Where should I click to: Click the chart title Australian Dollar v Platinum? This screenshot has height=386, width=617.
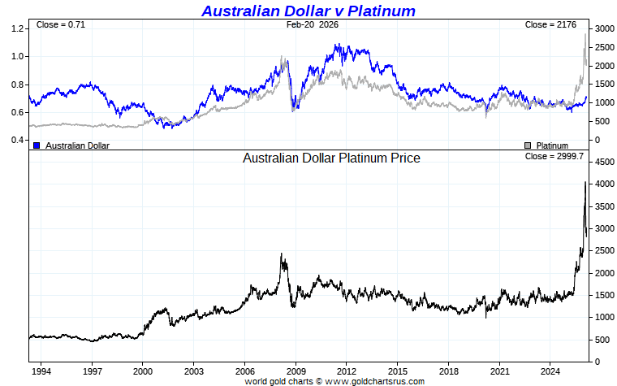(308, 11)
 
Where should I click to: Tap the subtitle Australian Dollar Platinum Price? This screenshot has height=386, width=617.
(331, 158)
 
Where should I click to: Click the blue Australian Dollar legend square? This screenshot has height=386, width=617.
(37, 145)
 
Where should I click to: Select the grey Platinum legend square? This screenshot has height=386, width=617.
(528, 145)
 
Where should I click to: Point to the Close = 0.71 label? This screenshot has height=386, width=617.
(60, 24)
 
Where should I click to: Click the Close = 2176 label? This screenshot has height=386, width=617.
(550, 24)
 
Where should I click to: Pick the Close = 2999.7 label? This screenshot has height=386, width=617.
(554, 156)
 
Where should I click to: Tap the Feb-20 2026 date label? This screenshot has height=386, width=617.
(313, 24)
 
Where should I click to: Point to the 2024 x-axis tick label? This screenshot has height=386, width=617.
(550, 371)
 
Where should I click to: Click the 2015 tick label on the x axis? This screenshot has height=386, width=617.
(398, 371)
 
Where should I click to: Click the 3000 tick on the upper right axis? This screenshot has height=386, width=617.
(602, 28)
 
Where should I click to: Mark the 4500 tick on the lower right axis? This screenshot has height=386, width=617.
(602, 163)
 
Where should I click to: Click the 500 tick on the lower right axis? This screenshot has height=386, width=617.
(599, 340)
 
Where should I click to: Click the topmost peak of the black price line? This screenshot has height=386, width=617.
(585, 183)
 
